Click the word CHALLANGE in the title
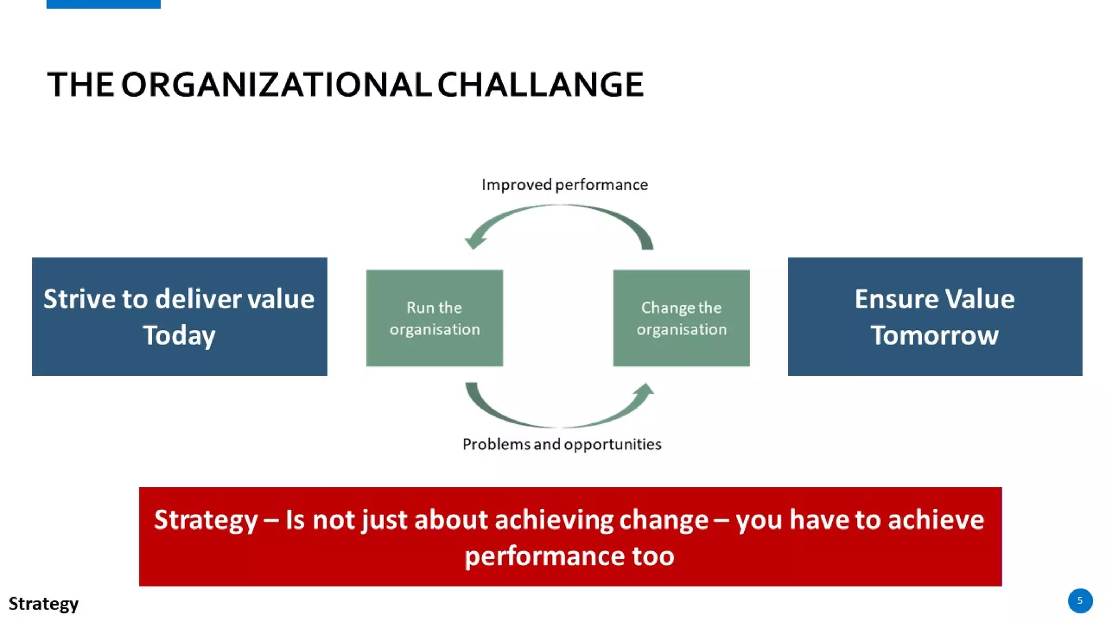pos(540,85)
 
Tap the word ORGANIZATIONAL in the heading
pos(276,85)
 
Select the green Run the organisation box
pos(434,318)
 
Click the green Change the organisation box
pos(681,318)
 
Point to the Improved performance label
pos(564,185)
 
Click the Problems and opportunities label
pos(562,444)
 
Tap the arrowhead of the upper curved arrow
pos(474,241)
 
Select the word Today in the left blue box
pos(179,335)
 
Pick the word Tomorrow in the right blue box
pos(934,335)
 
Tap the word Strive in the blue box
pos(79,299)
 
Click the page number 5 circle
pos(1080,600)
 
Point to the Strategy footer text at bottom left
pos(43,603)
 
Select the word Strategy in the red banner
pos(206,520)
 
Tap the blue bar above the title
pos(103,4)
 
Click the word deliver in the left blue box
pos(198,299)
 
